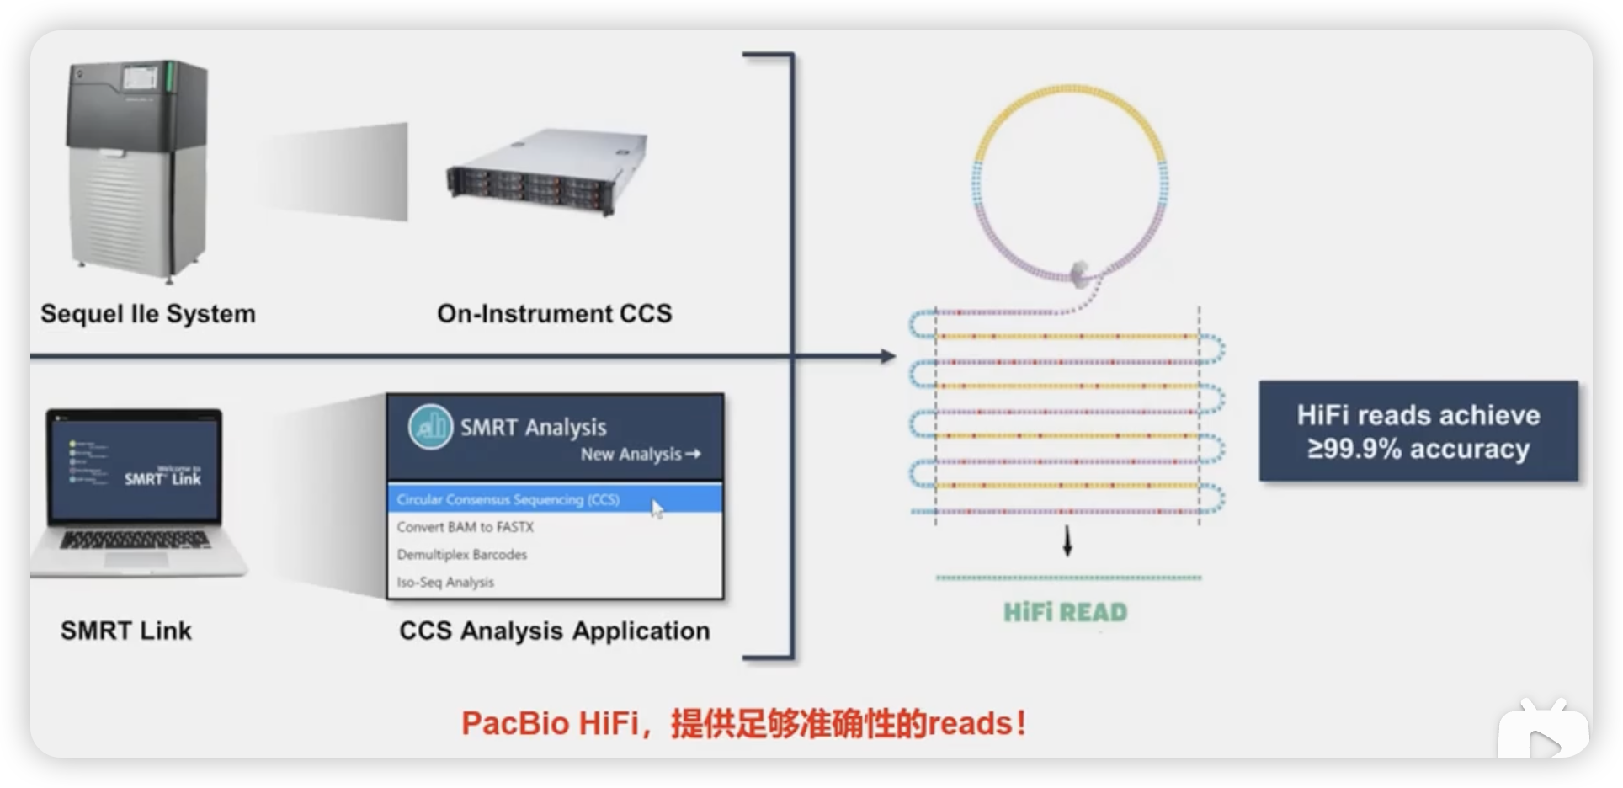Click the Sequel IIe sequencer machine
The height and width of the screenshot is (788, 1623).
coord(137,168)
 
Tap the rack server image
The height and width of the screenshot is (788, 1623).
coord(547,173)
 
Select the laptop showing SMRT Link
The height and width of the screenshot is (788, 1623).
coord(139,492)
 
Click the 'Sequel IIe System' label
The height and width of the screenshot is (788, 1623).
coord(148,314)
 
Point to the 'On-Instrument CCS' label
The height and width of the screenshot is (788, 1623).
coord(554,314)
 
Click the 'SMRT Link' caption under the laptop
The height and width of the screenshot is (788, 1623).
coord(126,631)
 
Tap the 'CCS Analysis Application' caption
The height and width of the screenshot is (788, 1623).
coord(554,631)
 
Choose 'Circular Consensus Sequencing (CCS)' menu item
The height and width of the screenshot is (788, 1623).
coord(508,499)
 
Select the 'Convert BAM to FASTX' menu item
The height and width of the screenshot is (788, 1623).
coord(466,527)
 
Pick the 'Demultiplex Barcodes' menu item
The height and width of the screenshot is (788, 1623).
coord(462,555)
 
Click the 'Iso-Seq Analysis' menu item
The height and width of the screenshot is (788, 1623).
coord(445,583)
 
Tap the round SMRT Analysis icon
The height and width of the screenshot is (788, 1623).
coord(430,427)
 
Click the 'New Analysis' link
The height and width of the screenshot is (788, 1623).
coord(640,455)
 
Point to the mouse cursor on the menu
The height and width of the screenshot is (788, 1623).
coord(657,508)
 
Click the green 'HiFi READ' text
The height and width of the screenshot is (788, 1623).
coord(1065,612)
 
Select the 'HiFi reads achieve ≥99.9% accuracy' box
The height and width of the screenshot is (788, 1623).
coord(1418,431)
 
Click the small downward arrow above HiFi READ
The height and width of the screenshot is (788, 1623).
coord(1067,542)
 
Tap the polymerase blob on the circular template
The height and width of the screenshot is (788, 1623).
coord(1079,273)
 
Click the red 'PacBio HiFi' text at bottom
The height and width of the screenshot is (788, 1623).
coord(551,723)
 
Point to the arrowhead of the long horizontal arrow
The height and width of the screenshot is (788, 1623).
coord(888,356)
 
